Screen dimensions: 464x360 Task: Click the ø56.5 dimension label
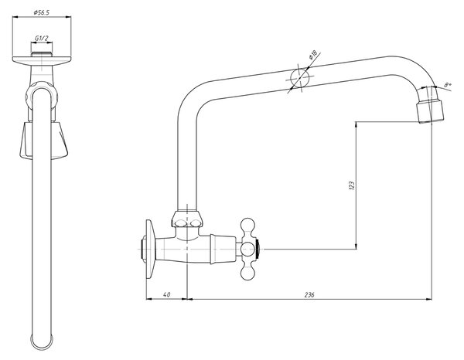42,12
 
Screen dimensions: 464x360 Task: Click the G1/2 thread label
42,38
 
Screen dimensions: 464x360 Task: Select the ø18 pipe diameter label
312,55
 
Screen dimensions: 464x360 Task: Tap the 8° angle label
448,85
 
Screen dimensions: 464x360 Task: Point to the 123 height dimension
352,185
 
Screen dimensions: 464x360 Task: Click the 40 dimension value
166,294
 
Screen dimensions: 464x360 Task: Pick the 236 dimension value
309,294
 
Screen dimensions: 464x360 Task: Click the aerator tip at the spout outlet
431,112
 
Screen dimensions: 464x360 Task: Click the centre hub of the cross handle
248,249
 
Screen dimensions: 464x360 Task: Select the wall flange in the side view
150,249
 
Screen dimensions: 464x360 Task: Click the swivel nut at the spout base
187,219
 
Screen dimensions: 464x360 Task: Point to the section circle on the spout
299,78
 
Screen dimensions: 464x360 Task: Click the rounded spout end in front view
42,343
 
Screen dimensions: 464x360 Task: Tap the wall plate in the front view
42,61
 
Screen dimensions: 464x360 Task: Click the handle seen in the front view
43,141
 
